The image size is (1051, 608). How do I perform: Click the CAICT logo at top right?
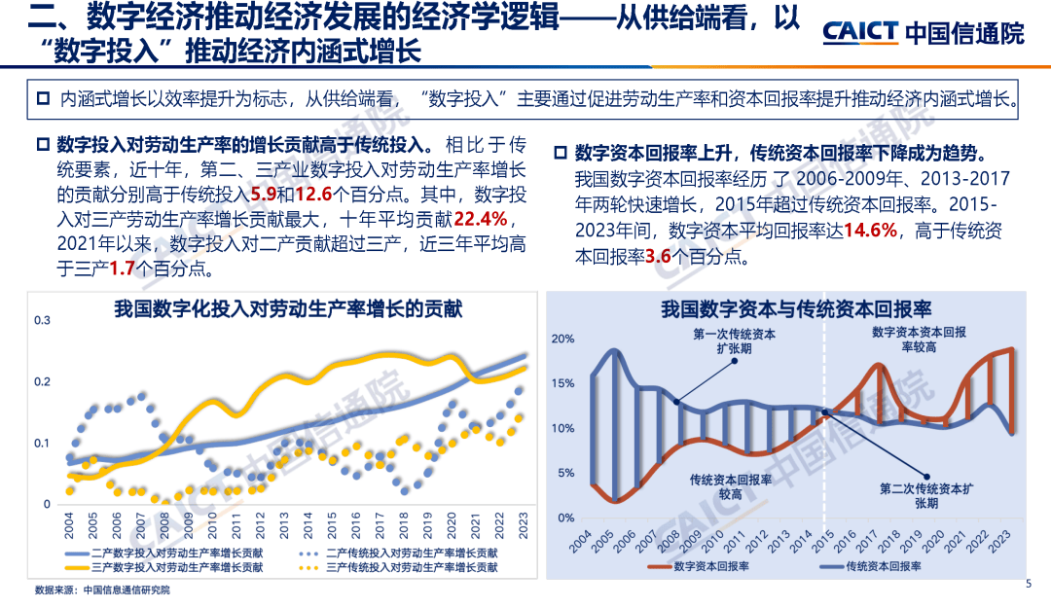(x=923, y=32)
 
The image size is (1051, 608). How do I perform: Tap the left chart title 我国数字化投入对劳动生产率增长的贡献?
(x=287, y=309)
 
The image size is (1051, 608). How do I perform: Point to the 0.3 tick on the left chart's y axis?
(x=41, y=320)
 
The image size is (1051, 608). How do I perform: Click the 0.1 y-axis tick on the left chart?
(x=41, y=444)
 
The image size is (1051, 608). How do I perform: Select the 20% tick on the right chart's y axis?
(x=562, y=339)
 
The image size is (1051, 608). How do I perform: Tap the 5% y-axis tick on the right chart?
(x=565, y=474)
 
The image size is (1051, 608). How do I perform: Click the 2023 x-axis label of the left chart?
(x=524, y=527)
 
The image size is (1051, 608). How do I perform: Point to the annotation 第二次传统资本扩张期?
(x=925, y=496)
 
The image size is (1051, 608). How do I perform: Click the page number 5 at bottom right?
(x=1029, y=584)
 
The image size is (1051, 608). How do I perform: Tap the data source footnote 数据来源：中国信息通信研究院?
(x=101, y=590)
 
